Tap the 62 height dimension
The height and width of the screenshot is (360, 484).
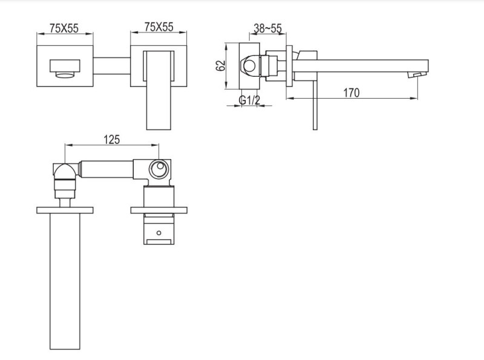[221, 64]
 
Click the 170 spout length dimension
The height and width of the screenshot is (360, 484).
[350, 93]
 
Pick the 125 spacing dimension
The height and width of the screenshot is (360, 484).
[111, 139]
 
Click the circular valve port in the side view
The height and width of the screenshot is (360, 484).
[249, 65]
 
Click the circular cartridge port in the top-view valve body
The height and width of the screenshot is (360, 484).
[160, 169]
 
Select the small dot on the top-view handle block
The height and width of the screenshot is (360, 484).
[160, 231]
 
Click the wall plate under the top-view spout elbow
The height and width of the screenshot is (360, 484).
[65, 209]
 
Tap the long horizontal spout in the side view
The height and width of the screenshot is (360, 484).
[363, 64]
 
